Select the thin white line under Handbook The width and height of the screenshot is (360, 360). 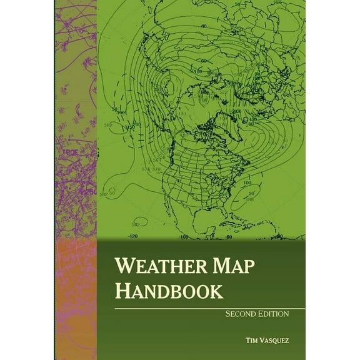coord(200,308)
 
